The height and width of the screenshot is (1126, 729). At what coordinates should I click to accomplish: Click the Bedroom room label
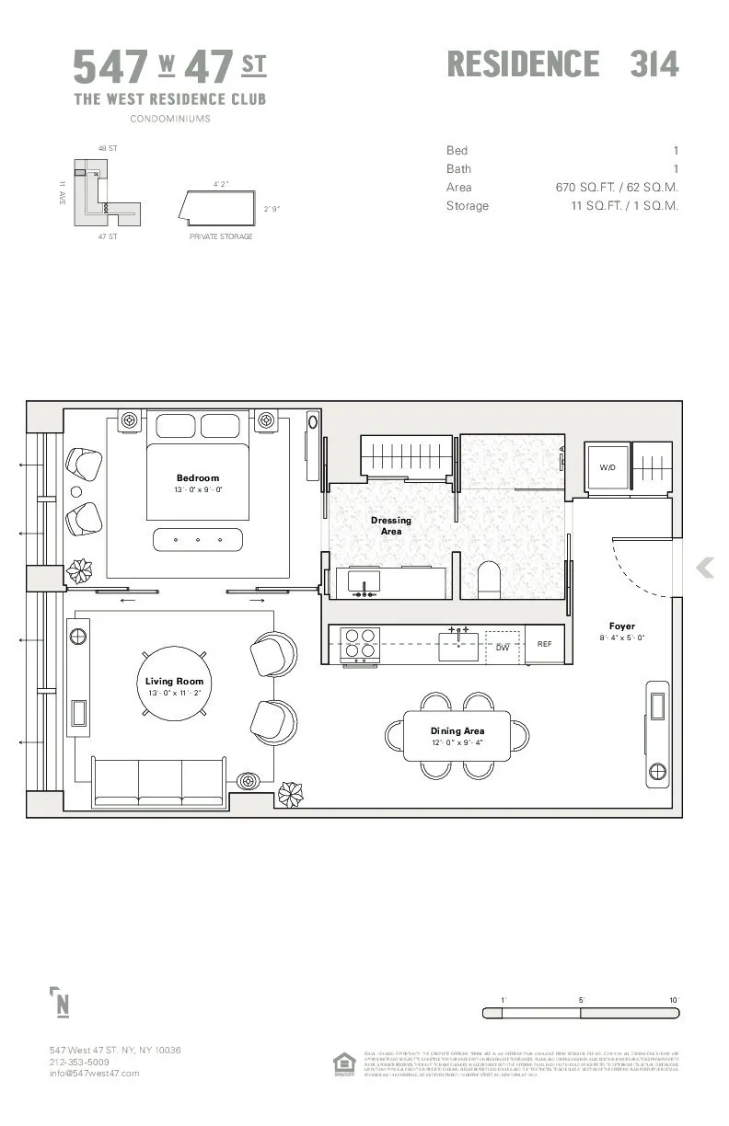198,477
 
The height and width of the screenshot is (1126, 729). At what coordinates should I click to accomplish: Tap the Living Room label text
174,682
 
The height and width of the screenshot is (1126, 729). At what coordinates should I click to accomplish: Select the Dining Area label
457,731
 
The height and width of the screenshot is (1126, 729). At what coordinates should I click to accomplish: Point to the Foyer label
622,626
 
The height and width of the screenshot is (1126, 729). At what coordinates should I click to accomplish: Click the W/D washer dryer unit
607,468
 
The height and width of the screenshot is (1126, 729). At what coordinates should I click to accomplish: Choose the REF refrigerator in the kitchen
545,644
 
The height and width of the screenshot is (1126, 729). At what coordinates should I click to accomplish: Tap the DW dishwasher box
503,647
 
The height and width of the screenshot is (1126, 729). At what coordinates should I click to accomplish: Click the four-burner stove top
361,644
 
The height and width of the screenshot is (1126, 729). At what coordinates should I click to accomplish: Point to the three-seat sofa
159,782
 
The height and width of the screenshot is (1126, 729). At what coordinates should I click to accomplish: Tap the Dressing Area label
391,525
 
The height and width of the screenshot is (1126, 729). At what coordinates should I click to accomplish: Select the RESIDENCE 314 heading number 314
654,64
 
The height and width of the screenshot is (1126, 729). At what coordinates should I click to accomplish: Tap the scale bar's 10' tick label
674,1000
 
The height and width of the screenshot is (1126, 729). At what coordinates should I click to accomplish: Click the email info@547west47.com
95,1074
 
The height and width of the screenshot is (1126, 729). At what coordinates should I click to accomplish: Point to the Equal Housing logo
344,1063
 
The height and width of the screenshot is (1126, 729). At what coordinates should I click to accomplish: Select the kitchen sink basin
458,648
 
